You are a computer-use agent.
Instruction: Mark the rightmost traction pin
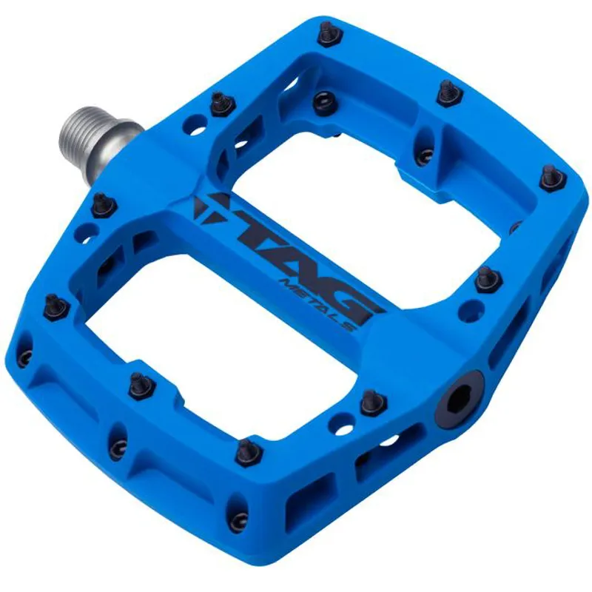[x=551, y=177]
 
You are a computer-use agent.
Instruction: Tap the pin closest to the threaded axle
[x=220, y=103]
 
